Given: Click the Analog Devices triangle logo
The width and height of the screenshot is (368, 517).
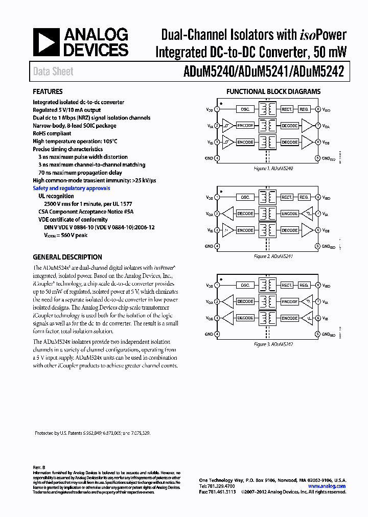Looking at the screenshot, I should point(45,42).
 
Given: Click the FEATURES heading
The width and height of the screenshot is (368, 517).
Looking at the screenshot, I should point(48,92).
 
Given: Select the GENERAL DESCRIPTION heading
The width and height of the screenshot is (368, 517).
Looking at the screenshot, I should point(67,257).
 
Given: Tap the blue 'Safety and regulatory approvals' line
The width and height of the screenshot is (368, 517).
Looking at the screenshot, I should point(71,189).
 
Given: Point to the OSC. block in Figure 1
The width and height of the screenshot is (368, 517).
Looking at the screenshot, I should point(245,109).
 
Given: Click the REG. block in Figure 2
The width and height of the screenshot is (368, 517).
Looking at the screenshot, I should point(304,197).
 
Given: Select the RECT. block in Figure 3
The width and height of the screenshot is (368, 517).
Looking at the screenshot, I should point(287,285).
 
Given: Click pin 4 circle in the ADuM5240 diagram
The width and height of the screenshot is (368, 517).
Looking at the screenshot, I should point(217,158).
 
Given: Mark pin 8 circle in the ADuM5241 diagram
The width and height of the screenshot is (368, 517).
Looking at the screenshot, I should point(317,197).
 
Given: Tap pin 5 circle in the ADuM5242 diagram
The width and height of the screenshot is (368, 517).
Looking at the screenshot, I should point(317,334).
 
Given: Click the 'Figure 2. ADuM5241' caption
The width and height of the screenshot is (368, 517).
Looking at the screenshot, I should point(273,256).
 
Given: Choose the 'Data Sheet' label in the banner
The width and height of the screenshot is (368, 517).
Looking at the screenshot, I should point(53,72).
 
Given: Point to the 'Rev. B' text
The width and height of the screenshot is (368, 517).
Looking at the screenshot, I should point(39,467).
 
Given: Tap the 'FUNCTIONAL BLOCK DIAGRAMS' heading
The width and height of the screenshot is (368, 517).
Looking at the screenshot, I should point(273,92).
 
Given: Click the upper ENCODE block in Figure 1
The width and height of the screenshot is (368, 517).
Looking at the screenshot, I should point(245,126).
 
